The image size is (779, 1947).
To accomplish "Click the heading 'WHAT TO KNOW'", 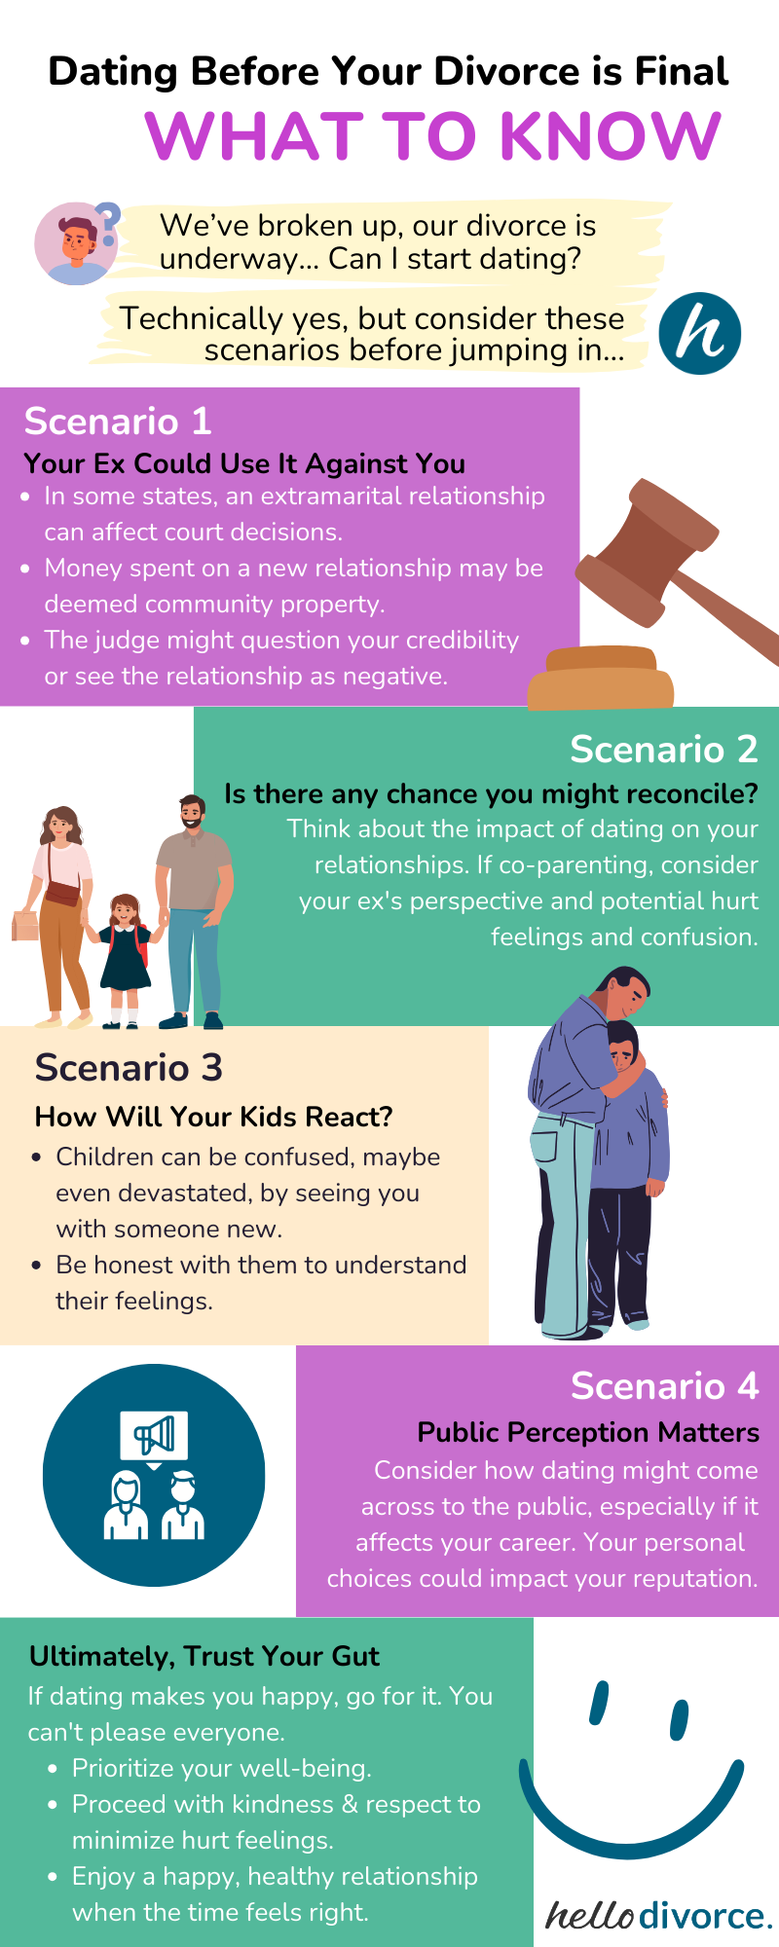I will click(x=433, y=135).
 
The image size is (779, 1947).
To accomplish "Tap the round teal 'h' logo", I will click(x=699, y=334).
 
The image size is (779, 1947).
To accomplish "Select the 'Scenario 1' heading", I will click(x=118, y=422).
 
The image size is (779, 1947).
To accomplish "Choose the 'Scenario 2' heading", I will click(x=663, y=750).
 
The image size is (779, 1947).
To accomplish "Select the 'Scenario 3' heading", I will click(x=129, y=1068).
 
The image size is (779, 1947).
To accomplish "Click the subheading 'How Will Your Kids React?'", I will click(x=213, y=1117).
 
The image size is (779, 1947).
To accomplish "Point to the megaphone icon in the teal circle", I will click(x=154, y=1436).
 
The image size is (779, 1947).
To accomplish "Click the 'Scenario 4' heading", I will click(x=664, y=1385).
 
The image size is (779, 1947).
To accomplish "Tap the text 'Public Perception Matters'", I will click(x=588, y=1433).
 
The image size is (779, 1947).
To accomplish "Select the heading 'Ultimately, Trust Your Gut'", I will click(x=204, y=1656).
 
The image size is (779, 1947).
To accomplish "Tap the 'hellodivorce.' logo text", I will click(x=658, y=1915).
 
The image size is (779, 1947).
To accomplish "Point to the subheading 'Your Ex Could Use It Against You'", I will click(x=244, y=463).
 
